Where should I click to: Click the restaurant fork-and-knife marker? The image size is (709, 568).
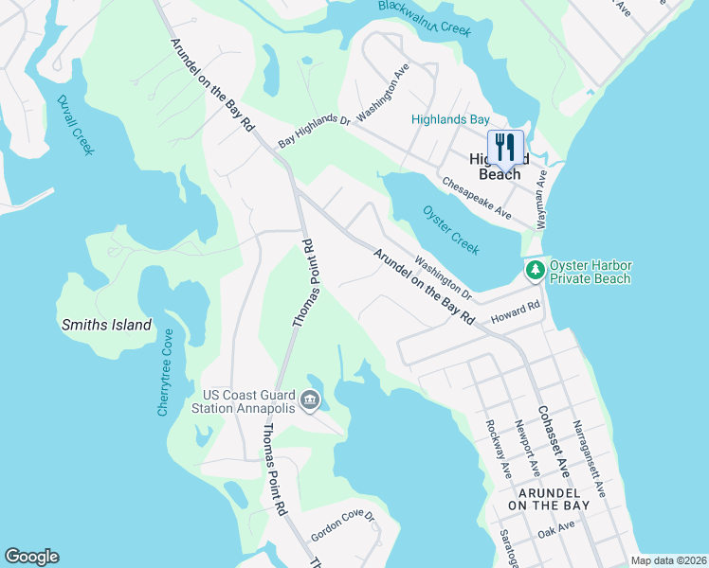pyautogui.click(x=505, y=148)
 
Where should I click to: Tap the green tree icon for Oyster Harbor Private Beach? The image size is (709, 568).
pyautogui.click(x=536, y=271)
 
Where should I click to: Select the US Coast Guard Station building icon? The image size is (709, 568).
pyautogui.click(x=309, y=402)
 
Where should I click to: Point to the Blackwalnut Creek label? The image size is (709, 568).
pyautogui.click(x=424, y=19)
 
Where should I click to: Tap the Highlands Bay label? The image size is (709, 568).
pyautogui.click(x=450, y=119)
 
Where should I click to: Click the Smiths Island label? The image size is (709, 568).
pyautogui.click(x=106, y=325)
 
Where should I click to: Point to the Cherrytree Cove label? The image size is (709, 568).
pyautogui.click(x=166, y=372)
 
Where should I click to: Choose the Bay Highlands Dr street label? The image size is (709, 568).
pyautogui.click(x=314, y=131)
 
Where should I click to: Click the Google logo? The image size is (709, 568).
pyautogui.click(x=31, y=557)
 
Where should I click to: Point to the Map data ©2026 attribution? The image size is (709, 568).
pyautogui.click(x=667, y=560)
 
